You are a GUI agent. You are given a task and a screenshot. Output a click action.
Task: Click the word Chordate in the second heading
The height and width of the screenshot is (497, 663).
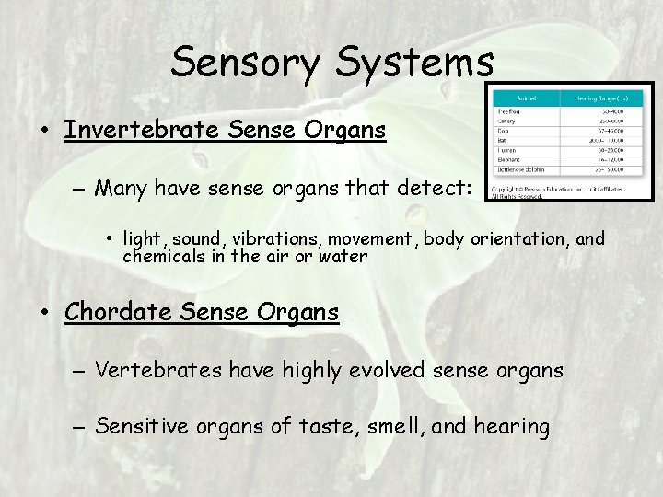click(x=117, y=312)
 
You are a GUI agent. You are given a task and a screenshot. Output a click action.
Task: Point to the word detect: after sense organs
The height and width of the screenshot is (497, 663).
click(x=435, y=189)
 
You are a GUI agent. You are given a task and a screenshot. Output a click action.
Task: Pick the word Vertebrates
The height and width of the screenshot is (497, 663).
click(x=159, y=370)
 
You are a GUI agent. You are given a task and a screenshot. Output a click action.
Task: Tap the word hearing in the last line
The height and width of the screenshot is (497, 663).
click(x=511, y=426)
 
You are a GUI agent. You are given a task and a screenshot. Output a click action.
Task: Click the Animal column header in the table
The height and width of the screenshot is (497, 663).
click(x=527, y=95)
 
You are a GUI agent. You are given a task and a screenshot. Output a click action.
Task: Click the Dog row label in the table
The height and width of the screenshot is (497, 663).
click(x=505, y=132)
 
